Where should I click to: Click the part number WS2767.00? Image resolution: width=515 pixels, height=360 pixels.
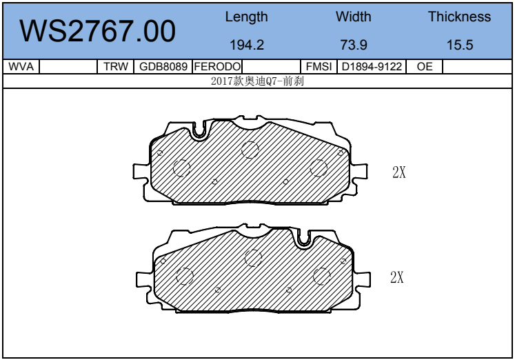(x=97, y=31)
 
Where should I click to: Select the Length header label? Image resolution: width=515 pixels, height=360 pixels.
(x=246, y=17)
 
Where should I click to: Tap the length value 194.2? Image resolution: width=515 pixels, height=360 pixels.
(x=247, y=45)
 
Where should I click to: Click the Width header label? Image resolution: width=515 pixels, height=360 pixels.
(x=354, y=17)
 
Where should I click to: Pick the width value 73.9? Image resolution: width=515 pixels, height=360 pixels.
(x=354, y=45)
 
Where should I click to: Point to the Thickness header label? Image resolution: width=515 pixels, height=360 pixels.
(x=459, y=17)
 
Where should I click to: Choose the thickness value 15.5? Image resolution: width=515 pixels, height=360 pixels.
(x=460, y=45)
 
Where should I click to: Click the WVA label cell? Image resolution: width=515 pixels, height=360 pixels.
(x=21, y=66)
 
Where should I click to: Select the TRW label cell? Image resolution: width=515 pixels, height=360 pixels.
(x=116, y=66)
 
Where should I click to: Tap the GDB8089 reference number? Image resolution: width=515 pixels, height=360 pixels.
(x=163, y=66)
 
